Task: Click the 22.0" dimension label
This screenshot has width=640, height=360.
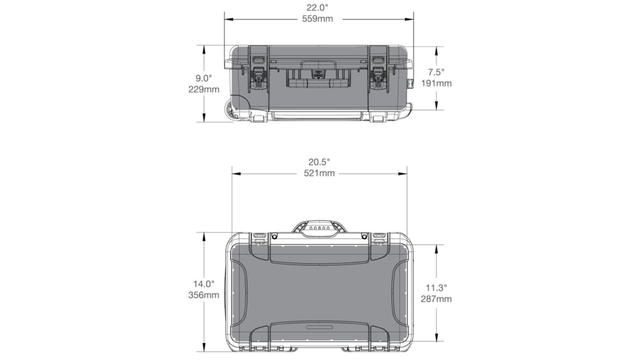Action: coord(317,8)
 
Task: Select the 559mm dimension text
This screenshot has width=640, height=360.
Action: coord(317,19)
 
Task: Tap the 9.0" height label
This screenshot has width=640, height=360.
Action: coord(204,77)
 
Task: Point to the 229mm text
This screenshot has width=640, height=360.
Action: coord(204,89)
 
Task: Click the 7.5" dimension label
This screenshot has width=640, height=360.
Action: coord(436,72)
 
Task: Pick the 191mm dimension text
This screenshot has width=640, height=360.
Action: coord(436,83)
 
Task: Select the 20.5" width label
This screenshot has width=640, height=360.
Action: coord(319,162)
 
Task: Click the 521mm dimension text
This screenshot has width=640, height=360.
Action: coord(319,173)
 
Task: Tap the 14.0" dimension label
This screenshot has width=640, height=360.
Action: coord(204,284)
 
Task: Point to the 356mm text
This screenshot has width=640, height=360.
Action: coord(204,295)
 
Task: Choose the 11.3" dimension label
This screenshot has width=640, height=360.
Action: coord(436,287)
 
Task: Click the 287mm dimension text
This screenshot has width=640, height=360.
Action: coord(436,299)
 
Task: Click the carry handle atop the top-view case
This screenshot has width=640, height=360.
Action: coord(319,228)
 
